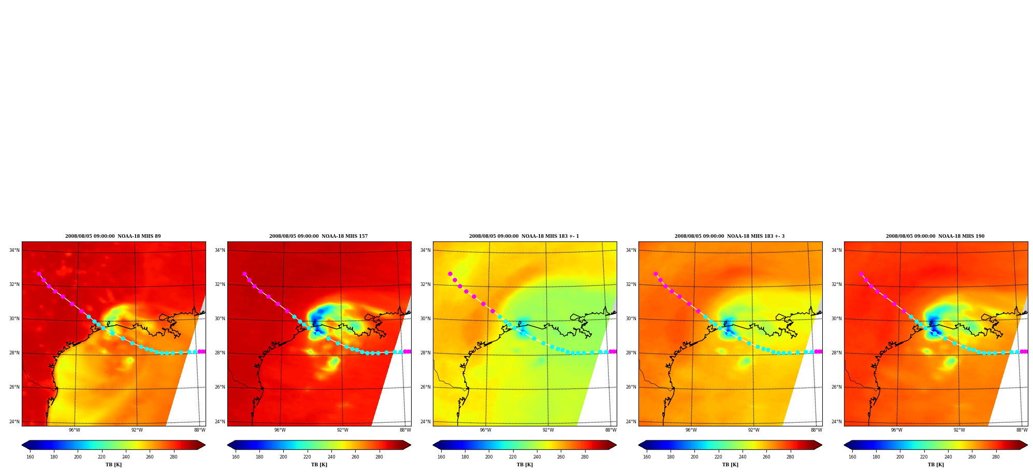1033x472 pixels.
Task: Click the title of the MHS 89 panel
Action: point(113,236)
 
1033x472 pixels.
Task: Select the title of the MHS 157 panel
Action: point(318,236)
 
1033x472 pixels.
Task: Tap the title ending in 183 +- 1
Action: point(524,236)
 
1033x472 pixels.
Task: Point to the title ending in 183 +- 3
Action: point(730,236)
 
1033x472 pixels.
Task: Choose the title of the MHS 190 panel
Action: point(935,236)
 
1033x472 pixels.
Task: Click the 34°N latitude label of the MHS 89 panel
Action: point(14,250)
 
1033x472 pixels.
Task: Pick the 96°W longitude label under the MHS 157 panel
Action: point(280,430)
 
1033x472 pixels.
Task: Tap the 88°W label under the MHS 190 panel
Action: point(1022,430)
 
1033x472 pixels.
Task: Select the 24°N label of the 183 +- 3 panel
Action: point(631,422)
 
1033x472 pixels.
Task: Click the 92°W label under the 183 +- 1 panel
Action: point(548,430)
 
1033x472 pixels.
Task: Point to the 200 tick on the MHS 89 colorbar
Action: point(78,457)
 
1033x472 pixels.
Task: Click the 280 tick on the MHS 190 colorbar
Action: point(996,457)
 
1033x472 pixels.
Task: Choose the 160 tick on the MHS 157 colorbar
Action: point(236,457)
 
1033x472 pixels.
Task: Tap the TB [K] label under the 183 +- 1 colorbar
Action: point(525,465)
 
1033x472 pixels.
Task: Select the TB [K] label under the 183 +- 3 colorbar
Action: point(730,465)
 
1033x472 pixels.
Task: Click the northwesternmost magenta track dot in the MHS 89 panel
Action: point(39,274)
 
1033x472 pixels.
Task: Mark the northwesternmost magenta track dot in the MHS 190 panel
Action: point(861,274)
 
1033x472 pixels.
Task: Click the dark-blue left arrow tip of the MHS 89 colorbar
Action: point(22,445)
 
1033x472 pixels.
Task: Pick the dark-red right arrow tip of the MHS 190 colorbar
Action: point(1028,445)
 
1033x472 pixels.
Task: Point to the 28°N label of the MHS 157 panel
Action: point(220,353)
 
